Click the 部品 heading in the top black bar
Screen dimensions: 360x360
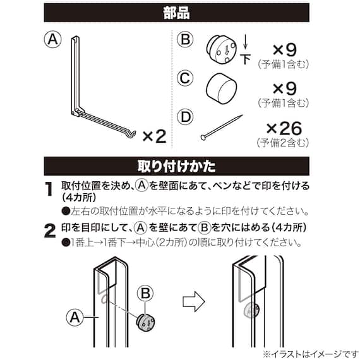[x=177, y=13]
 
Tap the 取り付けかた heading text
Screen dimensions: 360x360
[x=177, y=166]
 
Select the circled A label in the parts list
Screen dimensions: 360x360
[x=53, y=39]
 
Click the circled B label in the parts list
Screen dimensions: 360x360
[x=185, y=39]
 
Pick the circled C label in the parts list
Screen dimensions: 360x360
[x=185, y=78]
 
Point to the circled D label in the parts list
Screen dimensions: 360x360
[x=185, y=117]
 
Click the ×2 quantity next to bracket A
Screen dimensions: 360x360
[x=155, y=136]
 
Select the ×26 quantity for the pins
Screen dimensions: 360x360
[x=284, y=128]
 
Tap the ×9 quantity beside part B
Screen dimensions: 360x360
[x=285, y=50]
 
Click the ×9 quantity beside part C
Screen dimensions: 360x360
[x=285, y=88]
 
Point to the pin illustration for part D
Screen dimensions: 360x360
[x=221, y=128]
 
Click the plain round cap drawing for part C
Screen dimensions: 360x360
[x=221, y=88]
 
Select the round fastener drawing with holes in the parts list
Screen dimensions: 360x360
[x=221, y=49]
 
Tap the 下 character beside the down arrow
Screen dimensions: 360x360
[x=246, y=59]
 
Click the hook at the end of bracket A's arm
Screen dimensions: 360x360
[x=133, y=135]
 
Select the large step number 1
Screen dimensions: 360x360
[x=49, y=189]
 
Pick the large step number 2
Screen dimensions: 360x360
[x=50, y=231]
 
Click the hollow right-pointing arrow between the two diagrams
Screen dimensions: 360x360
[x=193, y=301]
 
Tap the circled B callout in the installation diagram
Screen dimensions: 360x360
[x=145, y=293]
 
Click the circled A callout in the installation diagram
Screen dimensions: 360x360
[x=75, y=318]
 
